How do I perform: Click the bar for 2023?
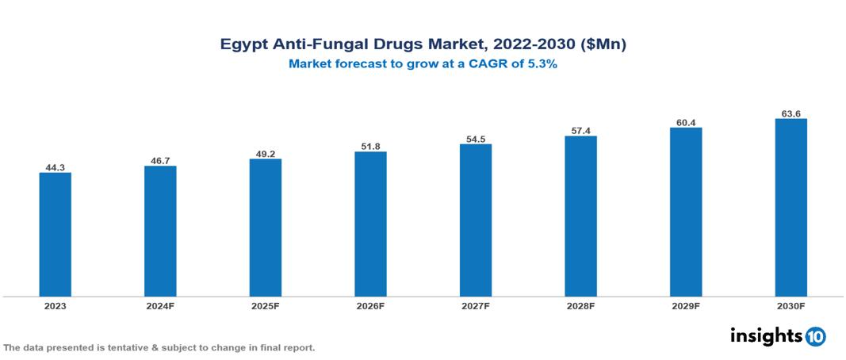point(56,234)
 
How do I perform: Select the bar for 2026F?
point(370,224)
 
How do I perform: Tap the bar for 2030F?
point(790,208)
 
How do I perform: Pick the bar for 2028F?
point(580,216)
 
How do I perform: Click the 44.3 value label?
point(56,167)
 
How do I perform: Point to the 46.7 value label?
point(160,160)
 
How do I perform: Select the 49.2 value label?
point(266,153)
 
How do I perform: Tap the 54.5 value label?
point(476,139)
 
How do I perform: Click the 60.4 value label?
point(686,122)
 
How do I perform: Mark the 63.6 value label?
point(790,113)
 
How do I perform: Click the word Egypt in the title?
point(243,45)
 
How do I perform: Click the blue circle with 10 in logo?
point(815,336)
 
